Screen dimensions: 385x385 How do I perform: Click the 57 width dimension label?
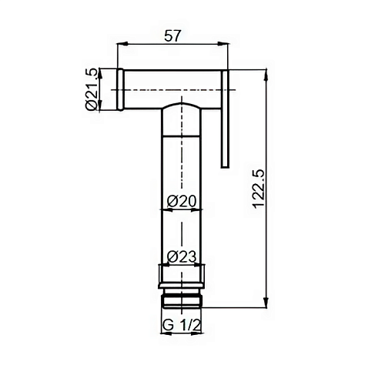(x=172, y=36)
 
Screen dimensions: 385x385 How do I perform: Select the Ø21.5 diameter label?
(x=92, y=89)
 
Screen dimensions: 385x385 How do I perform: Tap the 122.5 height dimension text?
(x=259, y=188)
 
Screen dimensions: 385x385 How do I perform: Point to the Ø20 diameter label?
(x=182, y=201)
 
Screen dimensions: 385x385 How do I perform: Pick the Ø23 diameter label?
(x=182, y=256)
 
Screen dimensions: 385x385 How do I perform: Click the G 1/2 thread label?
(x=181, y=326)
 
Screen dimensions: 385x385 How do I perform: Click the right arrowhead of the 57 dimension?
(x=223, y=45)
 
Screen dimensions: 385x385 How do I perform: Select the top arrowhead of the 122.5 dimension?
(x=266, y=75)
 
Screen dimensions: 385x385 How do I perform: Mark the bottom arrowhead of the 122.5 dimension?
(x=266, y=302)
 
